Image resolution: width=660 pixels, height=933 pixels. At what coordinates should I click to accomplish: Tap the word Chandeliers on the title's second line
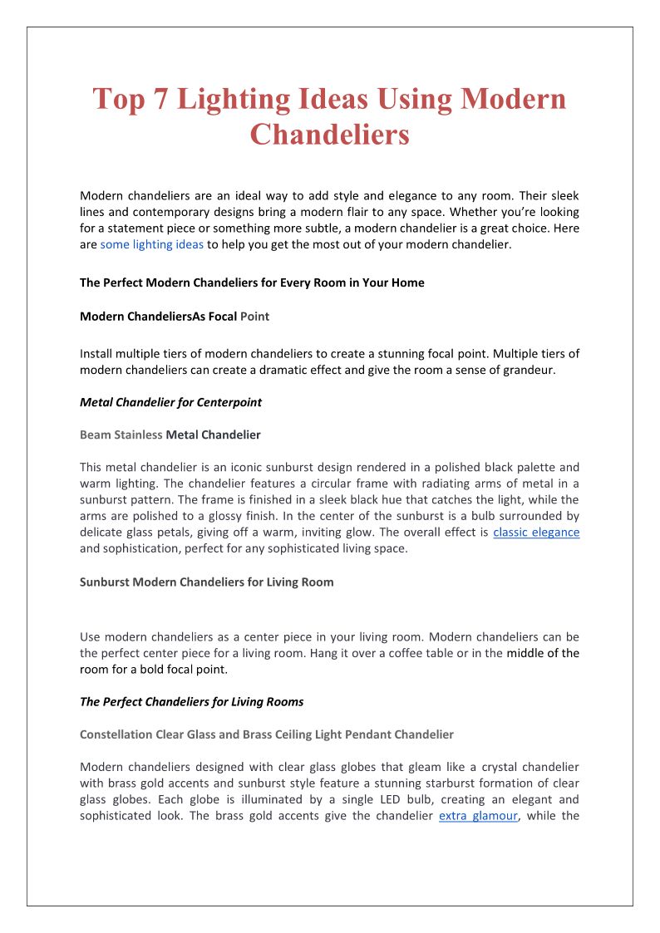coord(330,134)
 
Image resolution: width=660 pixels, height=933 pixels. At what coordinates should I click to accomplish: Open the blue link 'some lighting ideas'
coord(152,244)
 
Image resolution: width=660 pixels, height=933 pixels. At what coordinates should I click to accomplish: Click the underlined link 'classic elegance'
coord(536,532)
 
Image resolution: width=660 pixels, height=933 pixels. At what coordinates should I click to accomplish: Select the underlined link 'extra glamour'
coord(478,815)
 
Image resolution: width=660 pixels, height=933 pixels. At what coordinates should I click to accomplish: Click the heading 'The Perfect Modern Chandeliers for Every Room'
coord(252,282)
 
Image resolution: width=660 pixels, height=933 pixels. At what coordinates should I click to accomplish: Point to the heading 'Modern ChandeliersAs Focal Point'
coord(175,317)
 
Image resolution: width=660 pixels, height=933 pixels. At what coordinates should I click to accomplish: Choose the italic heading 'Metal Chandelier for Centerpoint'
coord(170,402)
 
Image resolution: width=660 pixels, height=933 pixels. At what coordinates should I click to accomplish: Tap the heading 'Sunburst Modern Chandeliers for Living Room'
coord(206,582)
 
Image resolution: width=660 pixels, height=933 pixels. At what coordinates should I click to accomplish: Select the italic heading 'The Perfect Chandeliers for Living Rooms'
coord(191,701)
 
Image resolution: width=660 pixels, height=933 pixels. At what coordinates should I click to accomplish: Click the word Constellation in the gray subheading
coord(116,734)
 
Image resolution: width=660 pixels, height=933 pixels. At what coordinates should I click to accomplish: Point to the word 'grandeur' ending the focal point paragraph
coord(526,370)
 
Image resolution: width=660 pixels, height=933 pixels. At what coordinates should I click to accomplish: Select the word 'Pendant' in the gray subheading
coord(365,734)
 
